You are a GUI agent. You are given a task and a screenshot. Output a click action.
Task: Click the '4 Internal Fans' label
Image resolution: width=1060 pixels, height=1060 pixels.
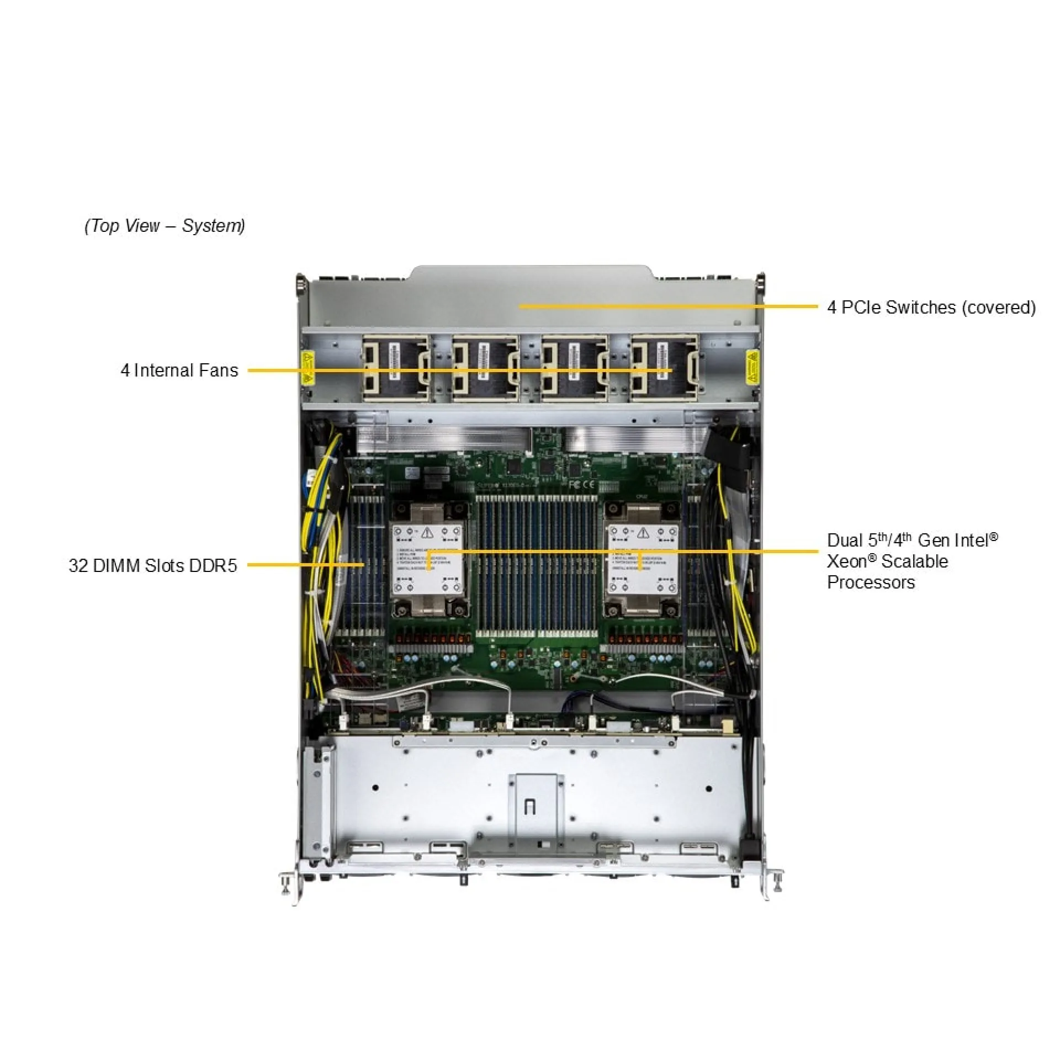coord(179,370)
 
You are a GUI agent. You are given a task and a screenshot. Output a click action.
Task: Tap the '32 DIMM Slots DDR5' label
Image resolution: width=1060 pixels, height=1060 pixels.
coord(153,565)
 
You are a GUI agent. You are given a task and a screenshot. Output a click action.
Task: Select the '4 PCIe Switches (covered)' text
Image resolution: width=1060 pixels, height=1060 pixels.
coord(931,307)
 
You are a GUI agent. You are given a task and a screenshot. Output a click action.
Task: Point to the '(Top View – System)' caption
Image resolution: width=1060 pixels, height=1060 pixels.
coord(165,225)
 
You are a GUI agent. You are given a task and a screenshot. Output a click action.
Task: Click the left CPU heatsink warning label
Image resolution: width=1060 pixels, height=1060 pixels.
coord(427,560)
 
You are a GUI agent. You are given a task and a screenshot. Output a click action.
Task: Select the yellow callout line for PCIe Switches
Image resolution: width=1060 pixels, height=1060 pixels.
coord(668,306)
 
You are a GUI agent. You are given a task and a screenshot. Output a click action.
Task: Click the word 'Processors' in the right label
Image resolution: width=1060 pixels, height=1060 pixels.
coord(871,582)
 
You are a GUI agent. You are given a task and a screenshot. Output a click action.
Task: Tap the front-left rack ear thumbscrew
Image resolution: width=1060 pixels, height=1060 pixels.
coord(287,882)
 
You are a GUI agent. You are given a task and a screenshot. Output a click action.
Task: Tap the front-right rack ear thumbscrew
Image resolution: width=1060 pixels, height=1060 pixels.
coord(777,882)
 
